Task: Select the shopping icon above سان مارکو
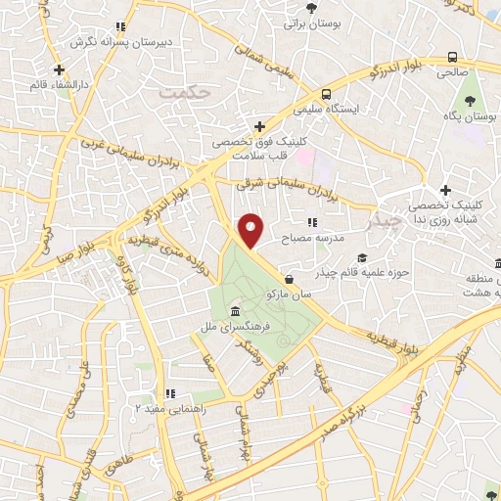tap(289, 278)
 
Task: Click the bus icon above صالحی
tap(452, 57)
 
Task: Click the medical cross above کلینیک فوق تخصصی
tap(259, 126)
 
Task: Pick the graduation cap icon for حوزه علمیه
tap(362, 258)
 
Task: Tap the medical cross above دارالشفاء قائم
tap(60, 70)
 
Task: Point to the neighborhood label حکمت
tap(184, 92)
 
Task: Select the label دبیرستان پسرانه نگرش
tap(118, 43)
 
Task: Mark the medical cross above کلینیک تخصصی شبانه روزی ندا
tap(445, 190)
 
